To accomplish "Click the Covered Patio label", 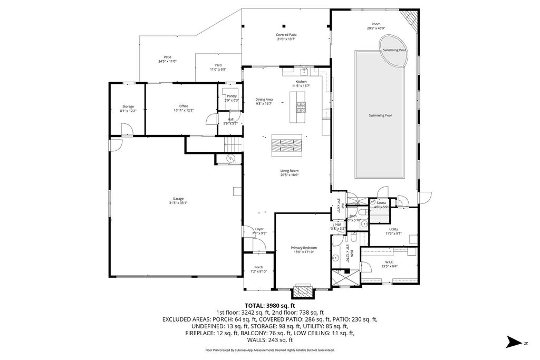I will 286,36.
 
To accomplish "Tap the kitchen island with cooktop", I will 297,107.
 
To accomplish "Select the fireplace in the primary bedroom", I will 303,290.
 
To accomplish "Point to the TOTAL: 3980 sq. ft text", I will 270,305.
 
